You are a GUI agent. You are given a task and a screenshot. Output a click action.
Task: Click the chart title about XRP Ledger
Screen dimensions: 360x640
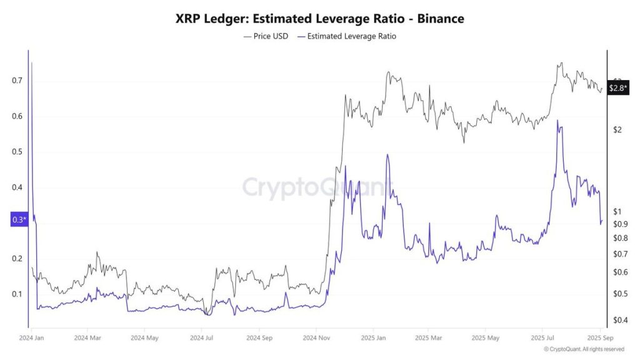[x=320, y=19]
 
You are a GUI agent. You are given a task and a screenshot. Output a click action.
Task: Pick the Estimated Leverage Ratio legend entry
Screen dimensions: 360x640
[x=347, y=36]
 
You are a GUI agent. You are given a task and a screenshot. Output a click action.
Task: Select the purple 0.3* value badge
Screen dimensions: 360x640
[x=19, y=220]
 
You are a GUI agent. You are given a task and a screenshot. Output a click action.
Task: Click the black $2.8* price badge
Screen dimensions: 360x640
[x=617, y=89]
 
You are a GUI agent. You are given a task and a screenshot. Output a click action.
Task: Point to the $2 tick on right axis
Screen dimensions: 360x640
[x=617, y=130]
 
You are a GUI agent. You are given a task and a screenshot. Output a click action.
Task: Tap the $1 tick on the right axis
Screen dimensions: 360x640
[x=617, y=211]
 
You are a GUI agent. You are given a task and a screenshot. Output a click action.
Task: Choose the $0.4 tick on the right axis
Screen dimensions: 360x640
[x=619, y=321]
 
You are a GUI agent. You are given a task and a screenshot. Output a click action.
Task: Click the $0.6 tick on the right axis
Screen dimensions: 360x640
[x=619, y=272]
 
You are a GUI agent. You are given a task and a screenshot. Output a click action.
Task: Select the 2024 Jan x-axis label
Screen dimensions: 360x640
[x=31, y=338]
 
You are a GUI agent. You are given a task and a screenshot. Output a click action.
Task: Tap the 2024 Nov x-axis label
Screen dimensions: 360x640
[x=316, y=338]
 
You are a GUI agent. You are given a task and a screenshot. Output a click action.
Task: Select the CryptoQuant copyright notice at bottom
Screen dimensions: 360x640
[x=584, y=349]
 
